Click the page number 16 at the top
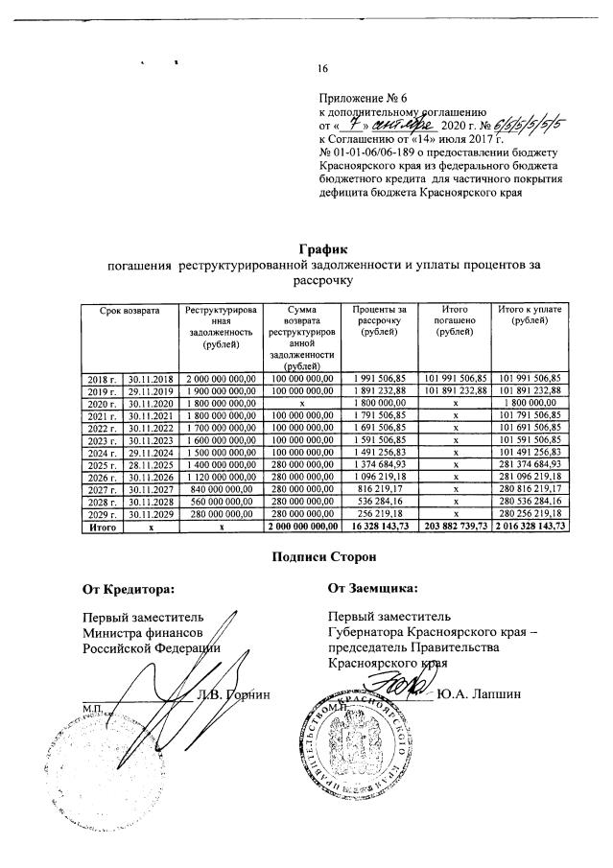pyautogui.click(x=322, y=67)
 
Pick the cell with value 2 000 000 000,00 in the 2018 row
pyautogui.click(x=221, y=379)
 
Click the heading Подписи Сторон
pyautogui.click(x=306, y=556)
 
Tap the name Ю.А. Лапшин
pyautogui.click(x=478, y=694)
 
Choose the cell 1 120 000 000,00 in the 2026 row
pyautogui.click(x=221, y=477)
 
